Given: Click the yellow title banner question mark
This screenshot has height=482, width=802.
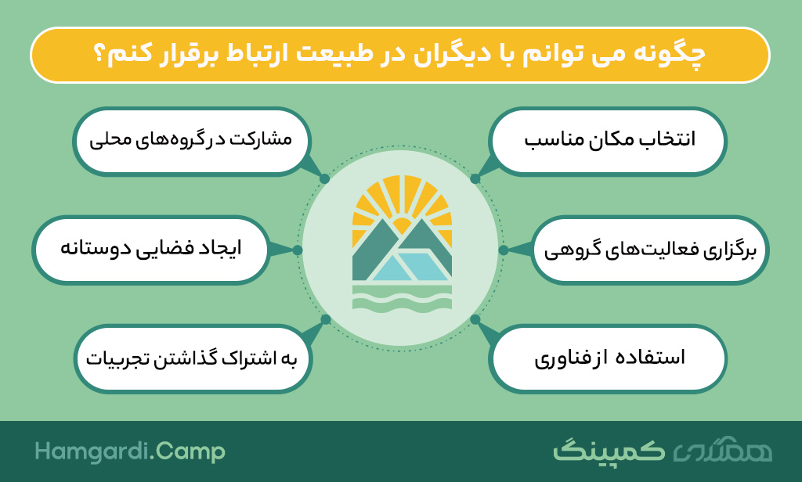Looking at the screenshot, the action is click(x=101, y=56).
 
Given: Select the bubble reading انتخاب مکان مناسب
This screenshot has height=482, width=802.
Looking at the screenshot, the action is click(x=608, y=141).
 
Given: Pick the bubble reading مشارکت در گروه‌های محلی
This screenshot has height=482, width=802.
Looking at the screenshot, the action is click(x=192, y=141).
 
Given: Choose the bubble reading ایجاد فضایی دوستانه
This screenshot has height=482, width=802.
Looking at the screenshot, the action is click(x=151, y=250).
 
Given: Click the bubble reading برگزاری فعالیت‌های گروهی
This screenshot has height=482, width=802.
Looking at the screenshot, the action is click(x=649, y=250).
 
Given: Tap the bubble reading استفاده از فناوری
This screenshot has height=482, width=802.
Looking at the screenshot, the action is click(x=608, y=359).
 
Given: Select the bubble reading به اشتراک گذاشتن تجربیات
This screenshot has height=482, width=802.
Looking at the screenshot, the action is click(x=193, y=359).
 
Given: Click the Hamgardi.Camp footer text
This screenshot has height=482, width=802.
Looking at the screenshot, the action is click(x=130, y=452).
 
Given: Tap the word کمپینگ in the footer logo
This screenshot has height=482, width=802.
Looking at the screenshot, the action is click(x=609, y=450).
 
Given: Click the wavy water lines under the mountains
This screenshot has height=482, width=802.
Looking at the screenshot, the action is click(x=402, y=298).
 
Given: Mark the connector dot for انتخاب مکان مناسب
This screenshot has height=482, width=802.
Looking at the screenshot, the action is click(x=475, y=179).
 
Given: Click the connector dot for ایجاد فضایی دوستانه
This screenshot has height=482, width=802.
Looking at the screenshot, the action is click(x=298, y=250).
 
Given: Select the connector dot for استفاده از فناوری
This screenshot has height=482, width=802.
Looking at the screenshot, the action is click(x=475, y=319).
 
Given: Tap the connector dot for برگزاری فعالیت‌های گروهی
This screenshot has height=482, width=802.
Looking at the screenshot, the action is click(x=504, y=250).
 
